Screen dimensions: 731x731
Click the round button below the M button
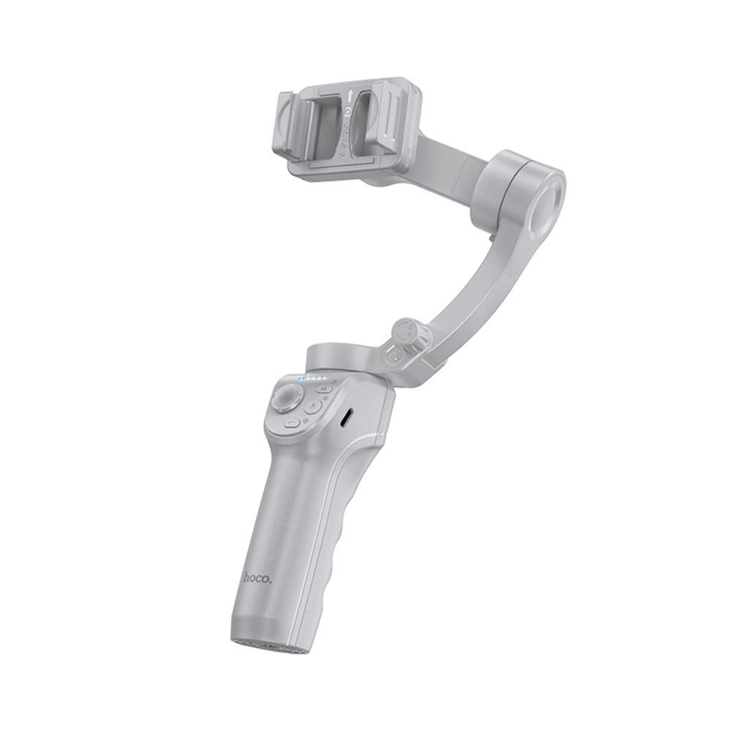pos(313,407)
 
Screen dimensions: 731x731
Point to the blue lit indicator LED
pos(301,379)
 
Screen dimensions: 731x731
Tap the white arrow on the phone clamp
pos(350,95)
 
